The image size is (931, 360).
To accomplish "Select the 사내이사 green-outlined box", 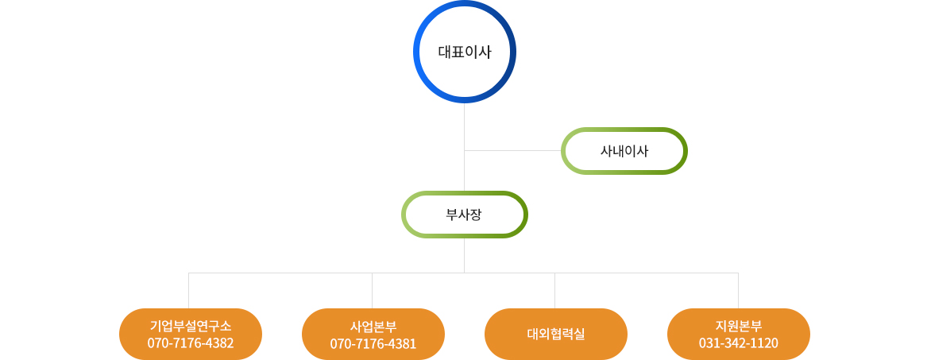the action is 624,151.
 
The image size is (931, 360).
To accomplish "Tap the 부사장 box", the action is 465,215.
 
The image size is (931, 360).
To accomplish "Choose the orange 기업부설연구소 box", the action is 191,334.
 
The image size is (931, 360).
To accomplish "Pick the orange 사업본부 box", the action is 373,334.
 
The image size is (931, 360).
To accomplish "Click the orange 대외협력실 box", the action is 556,334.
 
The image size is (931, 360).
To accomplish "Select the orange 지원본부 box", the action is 739,334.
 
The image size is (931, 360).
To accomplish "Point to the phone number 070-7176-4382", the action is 191,343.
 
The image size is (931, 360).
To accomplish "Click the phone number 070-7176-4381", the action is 373,343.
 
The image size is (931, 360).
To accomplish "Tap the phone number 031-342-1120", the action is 739,343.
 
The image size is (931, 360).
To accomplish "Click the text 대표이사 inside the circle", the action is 465,52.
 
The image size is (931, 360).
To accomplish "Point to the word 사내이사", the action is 624,151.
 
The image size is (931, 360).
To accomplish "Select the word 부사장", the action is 464,215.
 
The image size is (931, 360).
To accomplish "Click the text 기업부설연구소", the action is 191,326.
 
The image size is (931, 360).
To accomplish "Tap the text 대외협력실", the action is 556,334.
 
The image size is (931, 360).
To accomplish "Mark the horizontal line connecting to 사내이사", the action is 513,151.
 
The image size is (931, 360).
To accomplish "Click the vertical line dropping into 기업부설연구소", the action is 189,291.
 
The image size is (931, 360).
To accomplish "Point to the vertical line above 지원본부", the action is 738,291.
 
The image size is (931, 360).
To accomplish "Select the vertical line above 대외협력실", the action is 554,291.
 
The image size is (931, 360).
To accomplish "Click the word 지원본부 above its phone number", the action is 739,326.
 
